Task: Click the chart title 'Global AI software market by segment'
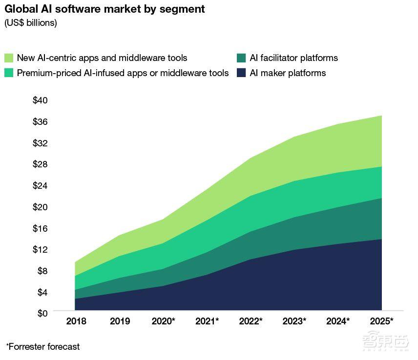tap(105, 9)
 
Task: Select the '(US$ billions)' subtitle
tap(31, 23)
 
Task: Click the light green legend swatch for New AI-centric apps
tap(9, 58)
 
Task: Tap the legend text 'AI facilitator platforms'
tap(293, 58)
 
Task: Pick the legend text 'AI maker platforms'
tap(288, 73)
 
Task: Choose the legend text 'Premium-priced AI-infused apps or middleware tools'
tap(123, 73)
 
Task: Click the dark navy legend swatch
tap(241, 73)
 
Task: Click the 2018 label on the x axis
tap(76, 321)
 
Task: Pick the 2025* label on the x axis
tap(381, 321)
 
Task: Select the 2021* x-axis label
tap(207, 321)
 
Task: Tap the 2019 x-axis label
tap(120, 321)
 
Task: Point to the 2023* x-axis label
tap(294, 321)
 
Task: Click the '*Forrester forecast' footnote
tap(43, 347)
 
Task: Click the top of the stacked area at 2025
tap(381, 116)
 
